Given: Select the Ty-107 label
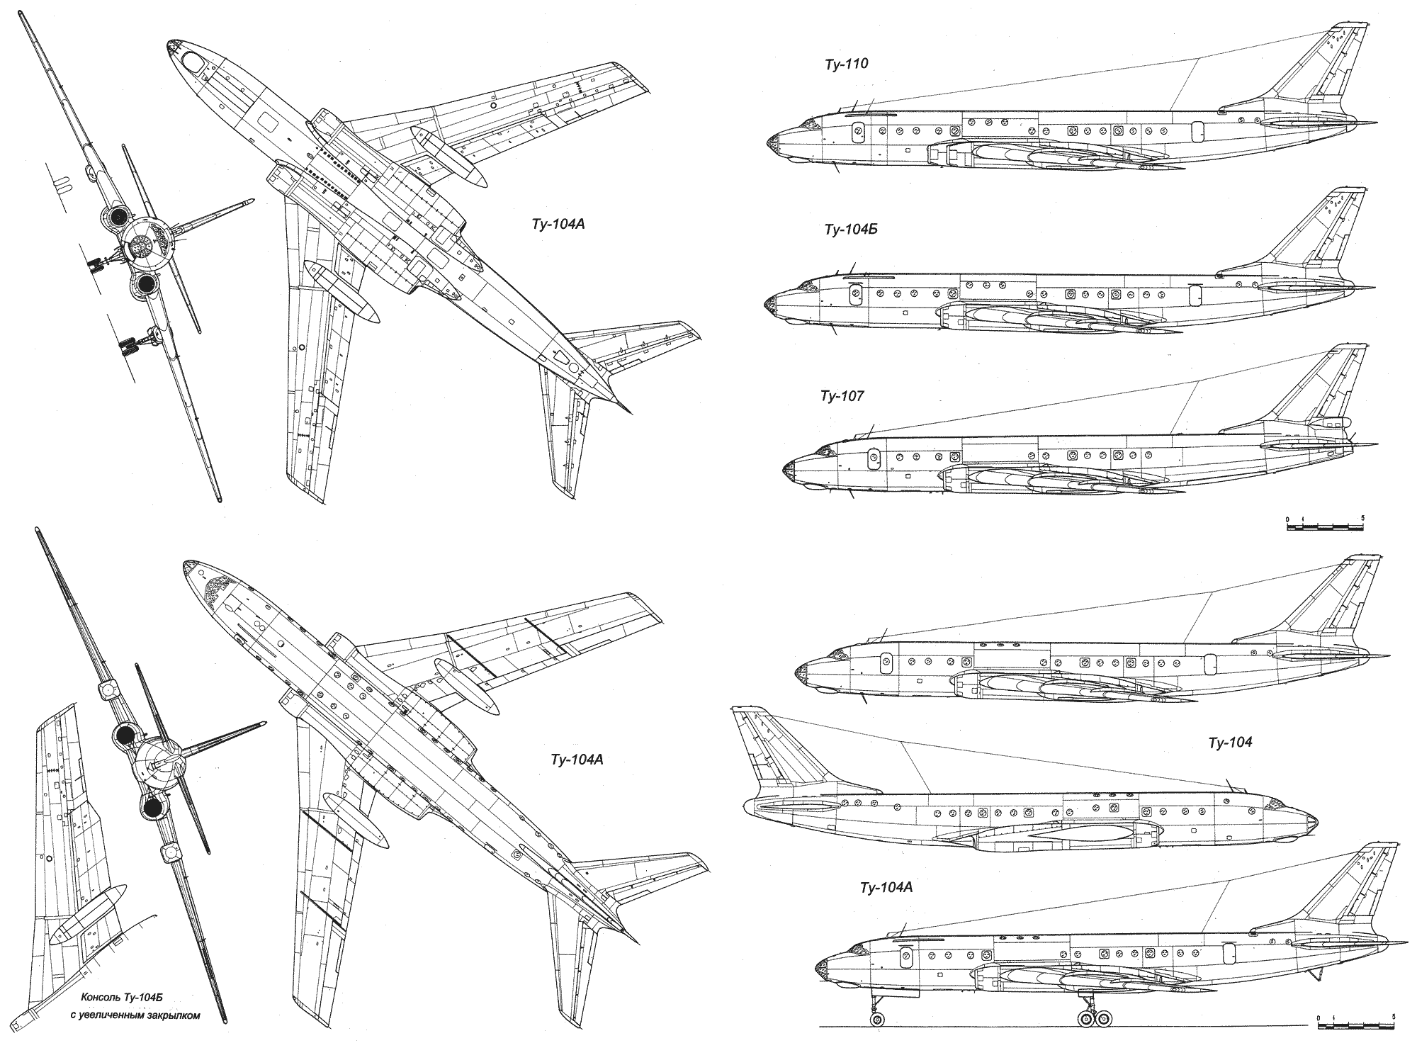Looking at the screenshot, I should [842, 396].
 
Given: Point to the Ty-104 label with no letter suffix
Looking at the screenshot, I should [1231, 743].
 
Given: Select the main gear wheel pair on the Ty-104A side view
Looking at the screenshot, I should [1095, 1019].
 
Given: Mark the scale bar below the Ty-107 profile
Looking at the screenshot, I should [1324, 526].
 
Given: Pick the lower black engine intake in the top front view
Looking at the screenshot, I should [147, 284].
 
